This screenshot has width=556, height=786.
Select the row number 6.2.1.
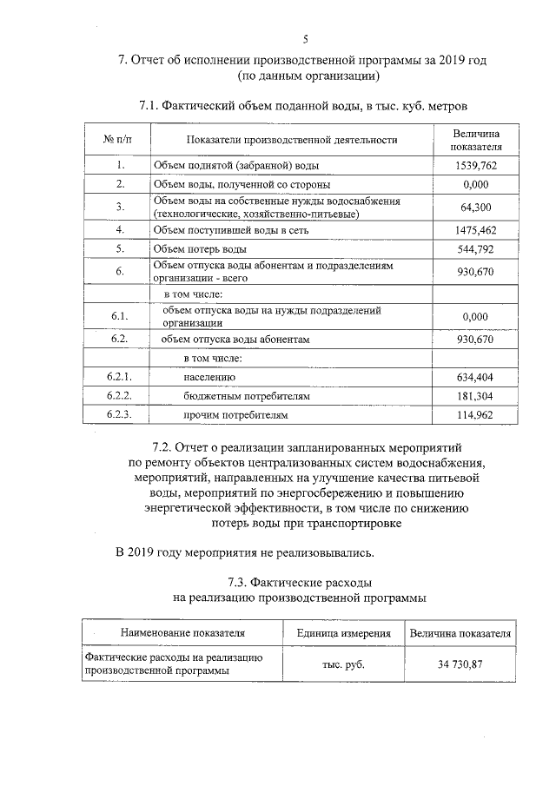[119, 377]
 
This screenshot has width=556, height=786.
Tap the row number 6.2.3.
[119, 415]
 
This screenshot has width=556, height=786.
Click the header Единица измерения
[337, 633]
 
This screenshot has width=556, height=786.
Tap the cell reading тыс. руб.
[337, 664]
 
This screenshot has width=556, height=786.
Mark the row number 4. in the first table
[120, 230]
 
